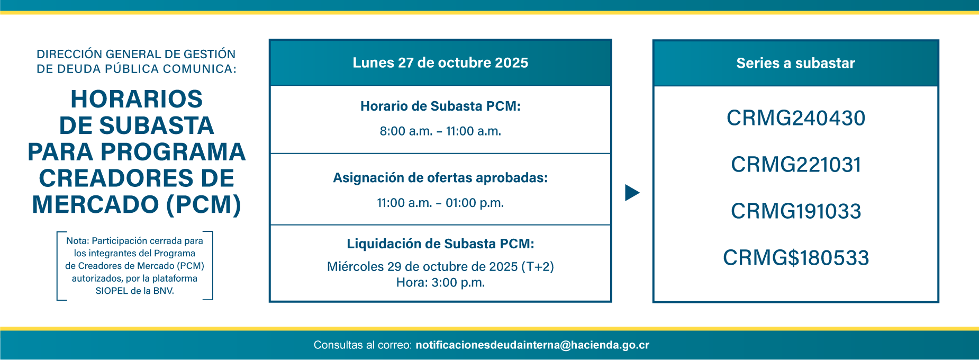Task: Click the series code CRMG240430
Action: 796,118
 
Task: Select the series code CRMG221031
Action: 796,165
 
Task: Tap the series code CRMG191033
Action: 796,211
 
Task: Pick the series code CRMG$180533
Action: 796,258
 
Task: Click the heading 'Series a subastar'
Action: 796,63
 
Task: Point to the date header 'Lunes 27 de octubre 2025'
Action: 440,62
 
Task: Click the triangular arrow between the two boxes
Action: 632,193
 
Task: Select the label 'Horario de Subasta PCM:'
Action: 440,106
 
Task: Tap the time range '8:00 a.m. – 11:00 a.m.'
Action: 440,131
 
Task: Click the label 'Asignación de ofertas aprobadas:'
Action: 440,178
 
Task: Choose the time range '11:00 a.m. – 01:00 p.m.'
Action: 440,203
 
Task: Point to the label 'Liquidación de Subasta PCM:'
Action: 440,244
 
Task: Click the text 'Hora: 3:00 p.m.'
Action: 440,283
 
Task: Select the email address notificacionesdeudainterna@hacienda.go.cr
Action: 532,345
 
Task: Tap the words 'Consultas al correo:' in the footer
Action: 362,345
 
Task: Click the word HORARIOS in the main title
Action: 137,99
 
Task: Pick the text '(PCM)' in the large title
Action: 204,205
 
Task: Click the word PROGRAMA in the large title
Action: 173,152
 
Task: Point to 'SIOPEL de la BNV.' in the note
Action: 134,291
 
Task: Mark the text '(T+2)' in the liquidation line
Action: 538,267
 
